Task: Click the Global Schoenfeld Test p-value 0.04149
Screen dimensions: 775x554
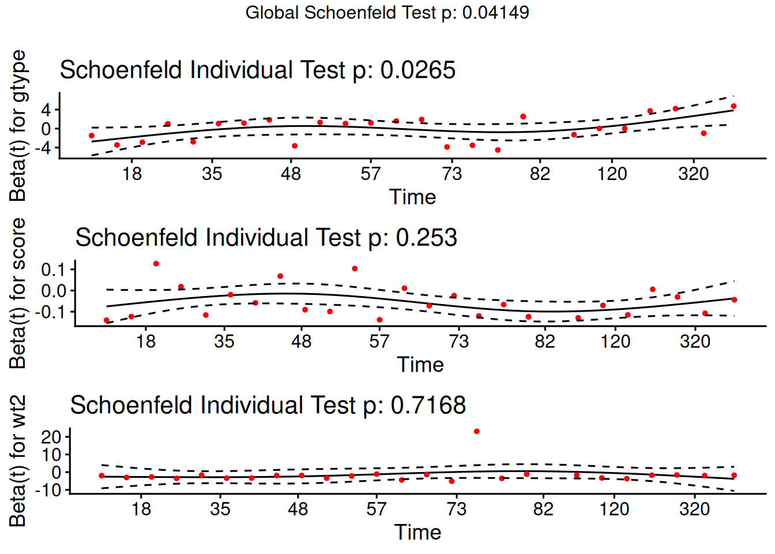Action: click(x=495, y=13)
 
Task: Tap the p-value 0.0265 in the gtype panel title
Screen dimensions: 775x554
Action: click(x=417, y=70)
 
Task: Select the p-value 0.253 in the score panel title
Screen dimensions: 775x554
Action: click(x=426, y=238)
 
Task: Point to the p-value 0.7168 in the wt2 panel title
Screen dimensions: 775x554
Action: click(x=428, y=405)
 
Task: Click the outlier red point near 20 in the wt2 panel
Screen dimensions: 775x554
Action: click(x=476, y=432)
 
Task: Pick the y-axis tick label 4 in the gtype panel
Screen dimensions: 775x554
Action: click(x=46, y=110)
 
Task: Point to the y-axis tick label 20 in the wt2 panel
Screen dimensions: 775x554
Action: click(x=51, y=437)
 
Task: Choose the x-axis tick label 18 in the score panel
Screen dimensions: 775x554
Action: click(x=146, y=342)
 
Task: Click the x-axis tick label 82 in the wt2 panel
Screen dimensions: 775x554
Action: click(x=543, y=509)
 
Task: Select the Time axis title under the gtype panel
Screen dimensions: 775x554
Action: click(x=413, y=197)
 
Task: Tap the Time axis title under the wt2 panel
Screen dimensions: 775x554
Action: click(x=417, y=532)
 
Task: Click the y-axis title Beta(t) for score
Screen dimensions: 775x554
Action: click(x=18, y=293)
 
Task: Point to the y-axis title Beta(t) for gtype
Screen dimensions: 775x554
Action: click(x=18, y=125)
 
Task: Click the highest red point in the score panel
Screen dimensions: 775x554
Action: click(x=156, y=264)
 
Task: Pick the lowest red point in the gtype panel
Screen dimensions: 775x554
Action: click(x=498, y=150)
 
